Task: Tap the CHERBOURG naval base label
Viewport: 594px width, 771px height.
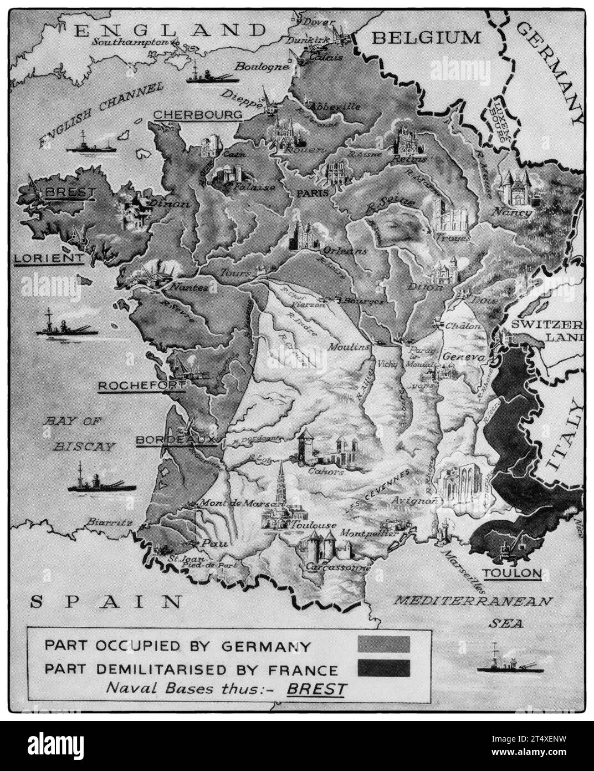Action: pos(197,115)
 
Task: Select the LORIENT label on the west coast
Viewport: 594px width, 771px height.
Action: pos(49,258)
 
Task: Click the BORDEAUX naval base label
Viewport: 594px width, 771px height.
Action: pos(175,439)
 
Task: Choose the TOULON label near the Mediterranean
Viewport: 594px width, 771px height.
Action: pos(511,573)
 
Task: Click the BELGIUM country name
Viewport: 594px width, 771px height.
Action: pos(426,38)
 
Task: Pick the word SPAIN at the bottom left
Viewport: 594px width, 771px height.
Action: pos(106,601)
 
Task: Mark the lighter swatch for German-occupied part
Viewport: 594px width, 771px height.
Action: pos(383,645)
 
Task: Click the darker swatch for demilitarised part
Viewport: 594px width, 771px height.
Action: pos(383,668)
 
